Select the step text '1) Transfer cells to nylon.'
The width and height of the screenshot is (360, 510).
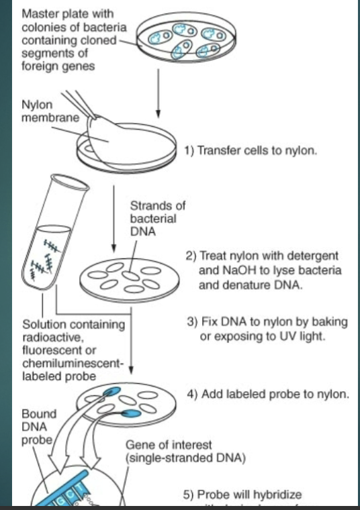[250, 151]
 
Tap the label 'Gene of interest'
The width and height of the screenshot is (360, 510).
[169, 446]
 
